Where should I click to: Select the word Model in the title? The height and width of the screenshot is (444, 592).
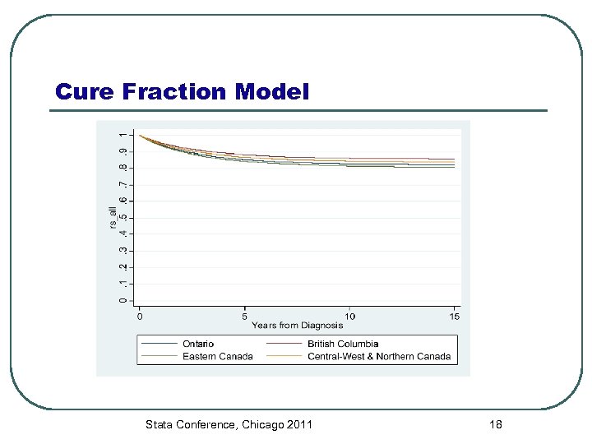(x=272, y=92)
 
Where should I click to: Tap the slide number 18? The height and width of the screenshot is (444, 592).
(x=495, y=424)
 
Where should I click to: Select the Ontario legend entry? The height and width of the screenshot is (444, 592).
(x=197, y=344)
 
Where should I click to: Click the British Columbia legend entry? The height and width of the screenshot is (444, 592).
(x=343, y=344)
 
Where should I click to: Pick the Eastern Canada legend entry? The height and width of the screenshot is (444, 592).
(x=217, y=356)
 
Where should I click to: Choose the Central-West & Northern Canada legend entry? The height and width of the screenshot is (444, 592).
(x=379, y=356)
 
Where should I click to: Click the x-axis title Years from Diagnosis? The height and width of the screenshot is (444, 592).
(x=298, y=326)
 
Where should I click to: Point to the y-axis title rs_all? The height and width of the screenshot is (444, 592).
(x=113, y=218)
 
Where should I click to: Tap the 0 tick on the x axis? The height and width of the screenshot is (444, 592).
(x=140, y=316)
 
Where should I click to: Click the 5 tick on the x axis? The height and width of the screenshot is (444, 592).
(x=245, y=316)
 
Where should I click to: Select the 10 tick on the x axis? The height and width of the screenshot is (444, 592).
(x=350, y=316)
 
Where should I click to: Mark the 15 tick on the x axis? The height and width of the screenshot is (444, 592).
(x=456, y=316)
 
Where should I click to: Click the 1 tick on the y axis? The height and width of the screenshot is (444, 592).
(x=123, y=134)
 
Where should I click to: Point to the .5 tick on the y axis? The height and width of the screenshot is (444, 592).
(x=123, y=217)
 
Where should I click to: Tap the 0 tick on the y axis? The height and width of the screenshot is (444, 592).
(x=123, y=300)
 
